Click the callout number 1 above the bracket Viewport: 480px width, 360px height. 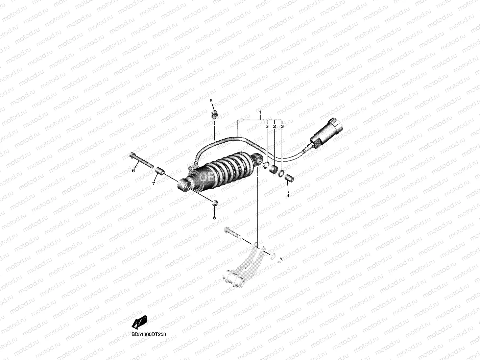pyautogui.click(x=260, y=112)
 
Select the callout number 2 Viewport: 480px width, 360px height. pyautogui.click(x=274, y=126)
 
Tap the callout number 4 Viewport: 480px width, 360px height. pyautogui.click(x=288, y=196)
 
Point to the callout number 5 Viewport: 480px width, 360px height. pyautogui.click(x=211, y=101)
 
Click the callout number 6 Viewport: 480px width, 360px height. pyautogui.click(x=133, y=171)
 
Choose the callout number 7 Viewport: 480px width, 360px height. pyautogui.click(x=153, y=184)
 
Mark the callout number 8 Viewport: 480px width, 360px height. pyautogui.click(x=214, y=218)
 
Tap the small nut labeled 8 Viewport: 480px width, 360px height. pyautogui.click(x=214, y=203)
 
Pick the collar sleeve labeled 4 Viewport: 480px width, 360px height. pyautogui.click(x=290, y=177)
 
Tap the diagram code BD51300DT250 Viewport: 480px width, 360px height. pyautogui.click(x=149, y=335)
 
